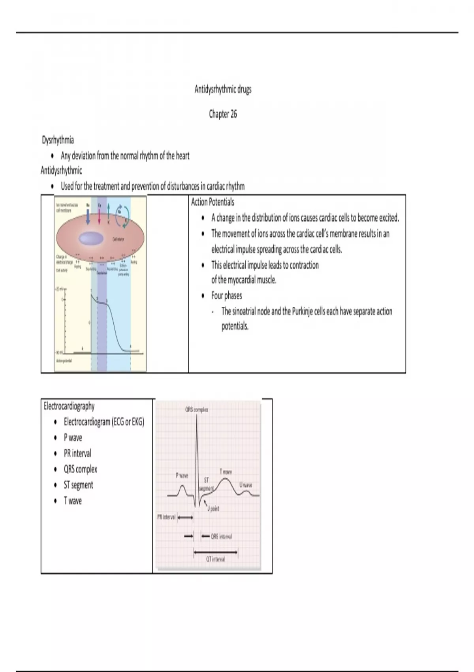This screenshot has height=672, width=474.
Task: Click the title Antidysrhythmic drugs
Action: click(x=223, y=89)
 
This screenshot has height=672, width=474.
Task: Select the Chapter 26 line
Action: click(x=223, y=114)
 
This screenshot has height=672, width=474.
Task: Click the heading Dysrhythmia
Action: click(x=58, y=140)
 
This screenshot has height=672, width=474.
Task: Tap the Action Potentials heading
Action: click(x=213, y=202)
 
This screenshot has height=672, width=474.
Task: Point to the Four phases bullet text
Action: click(x=226, y=296)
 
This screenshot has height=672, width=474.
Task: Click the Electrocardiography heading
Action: click(x=69, y=406)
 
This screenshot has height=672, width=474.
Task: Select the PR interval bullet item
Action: click(x=77, y=453)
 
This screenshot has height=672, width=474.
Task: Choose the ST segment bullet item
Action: click(x=78, y=485)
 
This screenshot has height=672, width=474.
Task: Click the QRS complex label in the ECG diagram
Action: click(x=197, y=410)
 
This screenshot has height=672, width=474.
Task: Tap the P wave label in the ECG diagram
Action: click(x=182, y=476)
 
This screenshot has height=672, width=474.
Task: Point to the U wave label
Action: click(x=246, y=485)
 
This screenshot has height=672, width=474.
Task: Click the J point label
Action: click(x=214, y=509)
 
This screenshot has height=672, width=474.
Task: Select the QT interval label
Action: click(x=215, y=559)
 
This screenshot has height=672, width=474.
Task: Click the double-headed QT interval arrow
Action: click(x=216, y=552)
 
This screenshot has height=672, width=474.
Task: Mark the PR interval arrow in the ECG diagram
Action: click(x=185, y=517)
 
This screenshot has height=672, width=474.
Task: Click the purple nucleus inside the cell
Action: click(x=91, y=238)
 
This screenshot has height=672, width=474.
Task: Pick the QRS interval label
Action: click(x=221, y=536)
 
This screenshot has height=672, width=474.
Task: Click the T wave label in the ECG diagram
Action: click(x=226, y=472)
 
